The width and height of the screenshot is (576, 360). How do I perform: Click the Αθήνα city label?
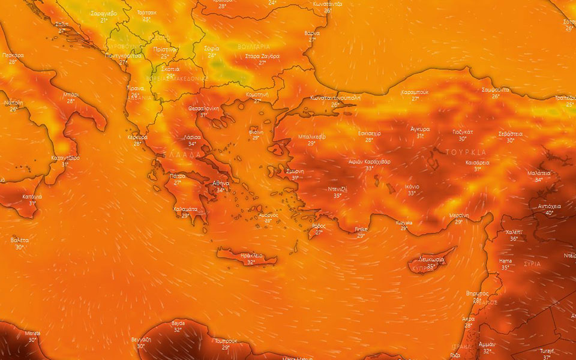[x=221, y=184]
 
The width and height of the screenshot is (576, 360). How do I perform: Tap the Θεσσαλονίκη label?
[x=203, y=109]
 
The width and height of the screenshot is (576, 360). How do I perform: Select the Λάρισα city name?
[x=192, y=137]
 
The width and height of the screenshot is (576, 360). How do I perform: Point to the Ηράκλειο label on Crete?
[x=251, y=256]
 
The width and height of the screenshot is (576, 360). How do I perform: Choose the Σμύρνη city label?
[x=295, y=171]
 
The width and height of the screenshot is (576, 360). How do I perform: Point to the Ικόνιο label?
[x=412, y=187]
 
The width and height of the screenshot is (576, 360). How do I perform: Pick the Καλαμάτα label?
[x=185, y=209]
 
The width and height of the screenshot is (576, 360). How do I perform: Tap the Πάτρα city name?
[x=178, y=176]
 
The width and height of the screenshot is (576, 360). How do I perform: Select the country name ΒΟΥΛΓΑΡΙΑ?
[x=254, y=46]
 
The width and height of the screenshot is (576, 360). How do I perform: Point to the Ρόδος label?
[x=319, y=226]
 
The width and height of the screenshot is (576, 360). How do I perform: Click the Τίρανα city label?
[x=135, y=88]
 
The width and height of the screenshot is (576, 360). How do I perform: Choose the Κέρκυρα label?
[x=137, y=137]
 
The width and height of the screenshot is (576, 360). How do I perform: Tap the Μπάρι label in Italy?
[x=71, y=95]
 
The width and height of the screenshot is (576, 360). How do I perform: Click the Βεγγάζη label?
[x=140, y=340]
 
